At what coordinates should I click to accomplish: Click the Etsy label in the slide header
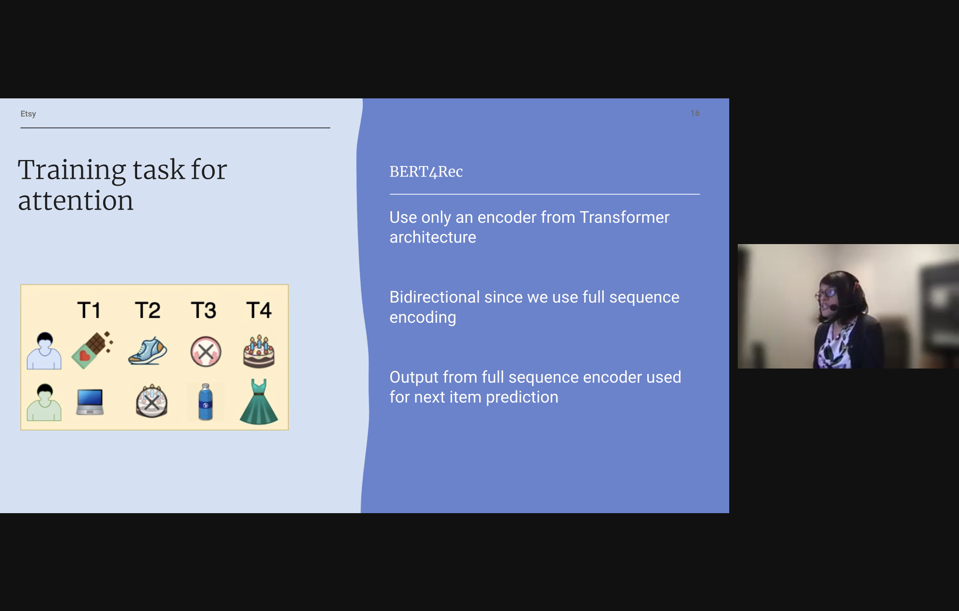(28, 114)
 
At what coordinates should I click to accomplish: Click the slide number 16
(695, 113)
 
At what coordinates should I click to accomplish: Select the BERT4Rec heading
(426, 172)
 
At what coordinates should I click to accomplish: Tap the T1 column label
(89, 310)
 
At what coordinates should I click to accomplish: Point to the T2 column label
(147, 310)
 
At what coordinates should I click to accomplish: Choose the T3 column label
(204, 310)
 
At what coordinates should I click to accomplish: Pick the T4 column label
(259, 310)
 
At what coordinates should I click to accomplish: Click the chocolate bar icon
(92, 350)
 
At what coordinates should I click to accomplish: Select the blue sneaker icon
(148, 351)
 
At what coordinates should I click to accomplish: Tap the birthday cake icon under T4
(259, 351)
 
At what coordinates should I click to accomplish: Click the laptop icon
(90, 401)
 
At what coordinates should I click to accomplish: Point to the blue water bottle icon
(205, 402)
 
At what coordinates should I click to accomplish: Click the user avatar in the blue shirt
(44, 351)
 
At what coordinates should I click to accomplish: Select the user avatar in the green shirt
(44, 403)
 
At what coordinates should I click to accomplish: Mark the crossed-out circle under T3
(206, 351)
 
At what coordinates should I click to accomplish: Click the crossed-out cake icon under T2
(152, 401)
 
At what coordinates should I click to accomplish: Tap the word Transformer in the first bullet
(624, 217)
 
